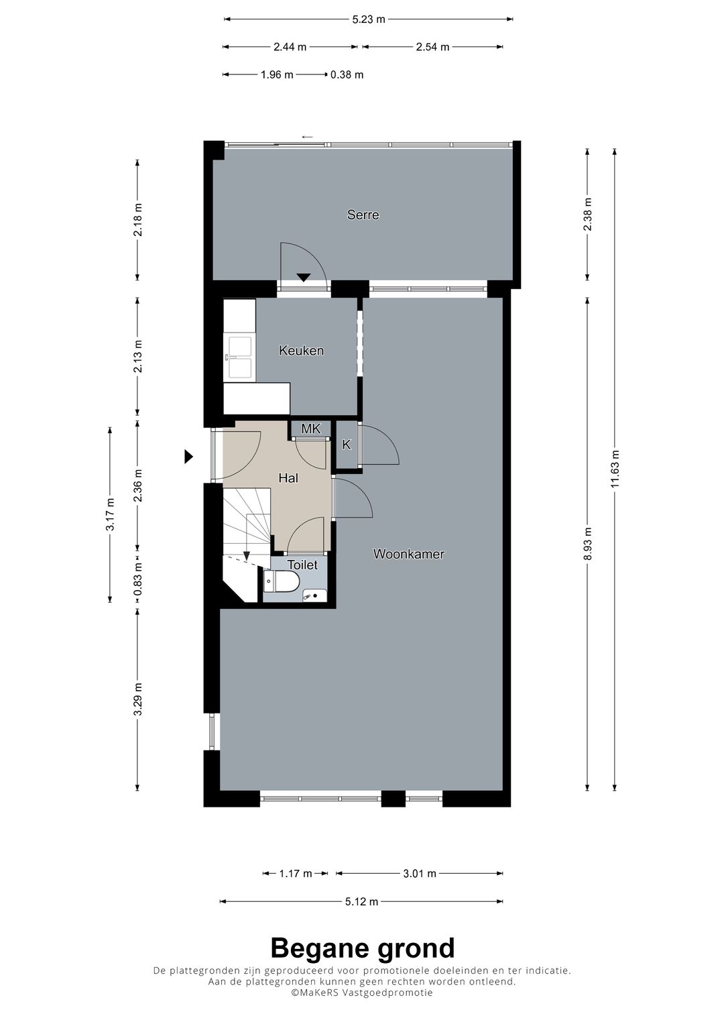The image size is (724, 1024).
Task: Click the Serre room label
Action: point(363,215)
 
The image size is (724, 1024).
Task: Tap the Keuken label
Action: point(301,350)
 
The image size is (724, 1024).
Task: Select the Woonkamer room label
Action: point(408,554)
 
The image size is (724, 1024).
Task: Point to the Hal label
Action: point(288,478)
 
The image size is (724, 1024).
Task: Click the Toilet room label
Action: point(302,565)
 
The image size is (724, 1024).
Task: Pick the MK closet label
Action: point(310,429)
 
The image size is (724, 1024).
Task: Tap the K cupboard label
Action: point(347,445)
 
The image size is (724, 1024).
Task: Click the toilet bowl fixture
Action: point(283,581)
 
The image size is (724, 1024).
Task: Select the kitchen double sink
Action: point(240,357)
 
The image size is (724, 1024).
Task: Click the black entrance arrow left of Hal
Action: point(189,457)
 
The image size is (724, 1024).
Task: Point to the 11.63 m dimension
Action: point(615,471)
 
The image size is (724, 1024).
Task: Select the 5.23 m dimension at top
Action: point(369,19)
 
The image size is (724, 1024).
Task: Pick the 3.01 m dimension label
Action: point(420,873)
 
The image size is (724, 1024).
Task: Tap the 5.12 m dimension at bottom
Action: point(362,901)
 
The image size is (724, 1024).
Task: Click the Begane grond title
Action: point(362,948)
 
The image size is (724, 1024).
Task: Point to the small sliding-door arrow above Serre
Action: point(307,137)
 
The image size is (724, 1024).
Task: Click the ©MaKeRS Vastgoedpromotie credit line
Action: point(362,992)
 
